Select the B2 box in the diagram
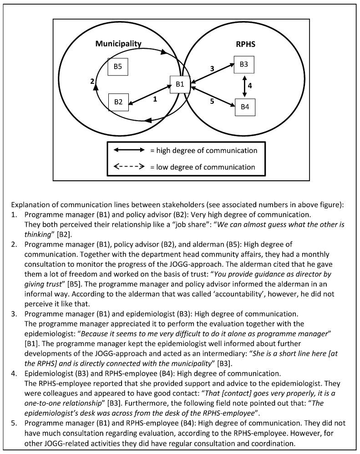coord(118,102)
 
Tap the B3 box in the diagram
coord(244,65)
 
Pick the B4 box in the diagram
coord(245,107)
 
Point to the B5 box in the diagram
coord(117,66)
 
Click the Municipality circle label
coord(118,44)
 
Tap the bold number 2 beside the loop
coord(92,82)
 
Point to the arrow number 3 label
coord(212,69)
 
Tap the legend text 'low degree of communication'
coord(207,167)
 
